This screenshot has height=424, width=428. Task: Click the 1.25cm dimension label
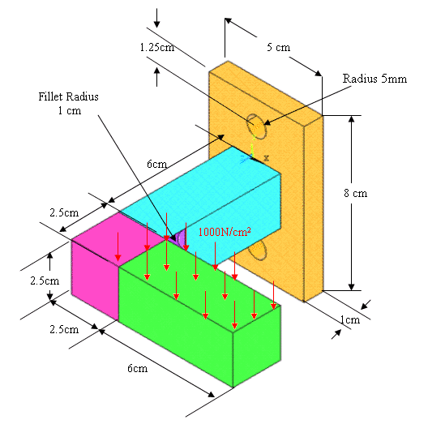point(157,48)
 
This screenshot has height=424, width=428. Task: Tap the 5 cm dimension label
point(278,47)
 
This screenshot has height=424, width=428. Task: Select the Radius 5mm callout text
point(374,79)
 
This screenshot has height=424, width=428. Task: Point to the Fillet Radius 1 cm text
point(69,104)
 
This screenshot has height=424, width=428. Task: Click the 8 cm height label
point(355,193)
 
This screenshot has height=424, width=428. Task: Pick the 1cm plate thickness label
point(349,319)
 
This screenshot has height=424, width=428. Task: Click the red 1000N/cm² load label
point(225,232)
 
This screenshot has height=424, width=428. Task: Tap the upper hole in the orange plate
point(256,126)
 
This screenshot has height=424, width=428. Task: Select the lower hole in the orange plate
point(257,250)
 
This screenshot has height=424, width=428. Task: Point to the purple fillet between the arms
point(179,238)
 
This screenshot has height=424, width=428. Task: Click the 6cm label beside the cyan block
point(156,164)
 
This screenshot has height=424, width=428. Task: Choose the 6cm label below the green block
point(137,368)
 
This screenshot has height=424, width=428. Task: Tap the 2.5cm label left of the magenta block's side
point(45,281)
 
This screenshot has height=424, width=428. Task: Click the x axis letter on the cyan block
point(266,158)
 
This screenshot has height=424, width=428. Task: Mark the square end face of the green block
point(257,346)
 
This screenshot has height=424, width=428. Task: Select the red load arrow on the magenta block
point(118,246)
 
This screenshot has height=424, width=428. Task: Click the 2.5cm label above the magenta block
point(64,212)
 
